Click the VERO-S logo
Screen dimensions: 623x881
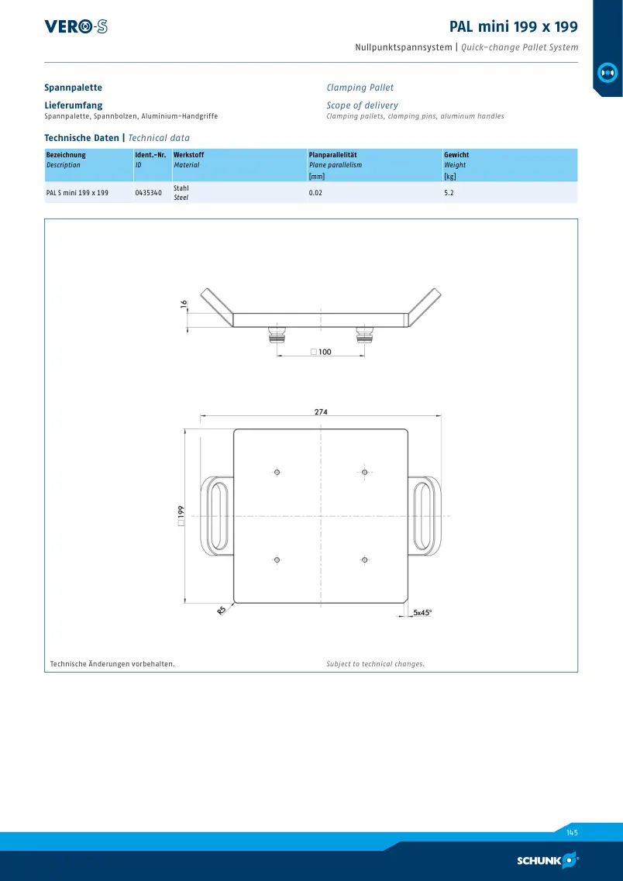(76, 26)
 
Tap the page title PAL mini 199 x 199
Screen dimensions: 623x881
(514, 26)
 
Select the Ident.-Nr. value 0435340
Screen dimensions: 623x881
(148, 193)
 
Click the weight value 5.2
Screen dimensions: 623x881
(449, 193)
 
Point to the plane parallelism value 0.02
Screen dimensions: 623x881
(315, 193)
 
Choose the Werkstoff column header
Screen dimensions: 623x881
(189, 154)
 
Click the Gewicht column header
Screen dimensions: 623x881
(456, 154)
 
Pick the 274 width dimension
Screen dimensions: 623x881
(321, 411)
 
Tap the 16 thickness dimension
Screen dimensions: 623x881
(184, 305)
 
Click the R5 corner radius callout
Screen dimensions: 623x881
(222, 610)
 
